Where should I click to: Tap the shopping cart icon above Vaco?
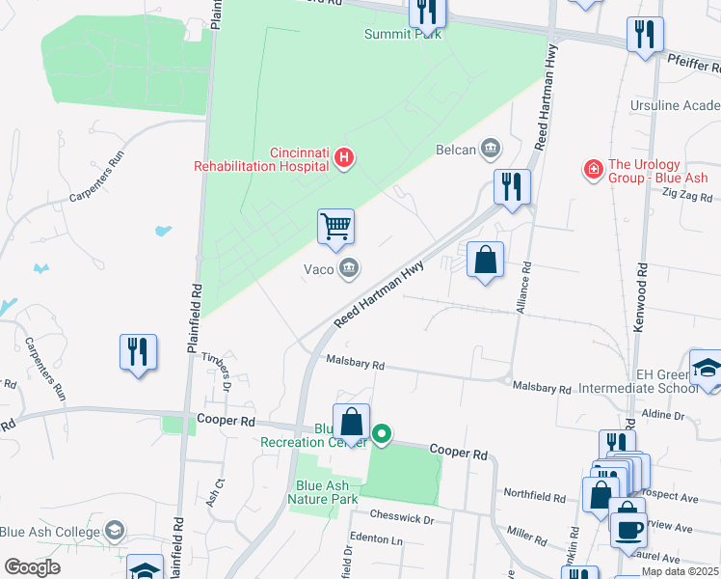[335, 228]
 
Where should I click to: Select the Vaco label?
[319, 269]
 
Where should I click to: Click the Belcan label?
[456, 149]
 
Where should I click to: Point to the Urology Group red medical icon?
[594, 170]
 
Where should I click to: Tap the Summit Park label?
[402, 34]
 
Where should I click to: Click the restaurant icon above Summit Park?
[426, 12]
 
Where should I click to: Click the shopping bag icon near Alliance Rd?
[485, 260]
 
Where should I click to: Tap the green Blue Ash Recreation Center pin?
[382, 434]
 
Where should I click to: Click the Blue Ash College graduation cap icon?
[115, 531]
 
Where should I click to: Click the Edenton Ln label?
[376, 538]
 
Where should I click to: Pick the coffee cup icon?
[628, 530]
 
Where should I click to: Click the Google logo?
[32, 567]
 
